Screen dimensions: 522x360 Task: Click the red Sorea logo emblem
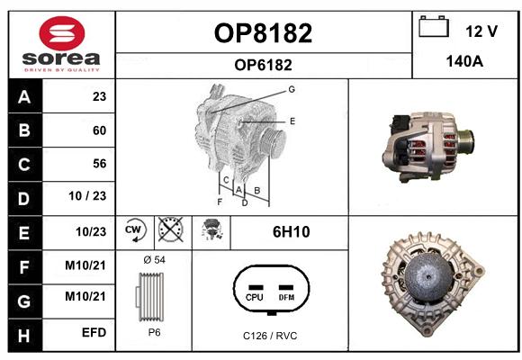pyautogui.click(x=62, y=33)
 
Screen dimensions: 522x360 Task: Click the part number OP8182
pyautogui.click(x=263, y=33)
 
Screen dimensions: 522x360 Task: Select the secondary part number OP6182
pyautogui.click(x=263, y=65)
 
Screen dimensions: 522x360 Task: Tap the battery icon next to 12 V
pyautogui.click(x=434, y=26)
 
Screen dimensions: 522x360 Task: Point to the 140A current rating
pyautogui.click(x=464, y=61)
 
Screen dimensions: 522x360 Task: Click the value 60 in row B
pyautogui.click(x=100, y=130)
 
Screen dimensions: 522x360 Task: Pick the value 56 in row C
pyautogui.click(x=100, y=164)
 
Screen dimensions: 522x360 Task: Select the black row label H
pyautogui.click(x=25, y=335)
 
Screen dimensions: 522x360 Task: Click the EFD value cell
pyautogui.click(x=94, y=332)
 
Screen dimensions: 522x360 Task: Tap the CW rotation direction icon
pyautogui.click(x=134, y=229)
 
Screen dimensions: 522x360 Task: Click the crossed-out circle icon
pyautogui.click(x=171, y=229)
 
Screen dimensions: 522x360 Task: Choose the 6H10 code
pyautogui.click(x=291, y=232)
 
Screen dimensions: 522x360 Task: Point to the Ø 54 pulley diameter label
pyautogui.click(x=155, y=259)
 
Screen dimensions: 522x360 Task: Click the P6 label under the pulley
pyautogui.click(x=155, y=332)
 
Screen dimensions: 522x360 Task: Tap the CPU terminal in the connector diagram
pyautogui.click(x=255, y=293)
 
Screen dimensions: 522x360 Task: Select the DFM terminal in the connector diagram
pyautogui.click(x=286, y=293)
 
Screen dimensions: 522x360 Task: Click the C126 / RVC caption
pyautogui.click(x=270, y=336)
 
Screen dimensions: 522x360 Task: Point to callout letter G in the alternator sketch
pyautogui.click(x=292, y=89)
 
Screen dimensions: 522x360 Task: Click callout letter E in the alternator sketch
pyautogui.click(x=292, y=121)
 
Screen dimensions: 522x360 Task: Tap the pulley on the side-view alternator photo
pyautogui.click(x=466, y=143)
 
